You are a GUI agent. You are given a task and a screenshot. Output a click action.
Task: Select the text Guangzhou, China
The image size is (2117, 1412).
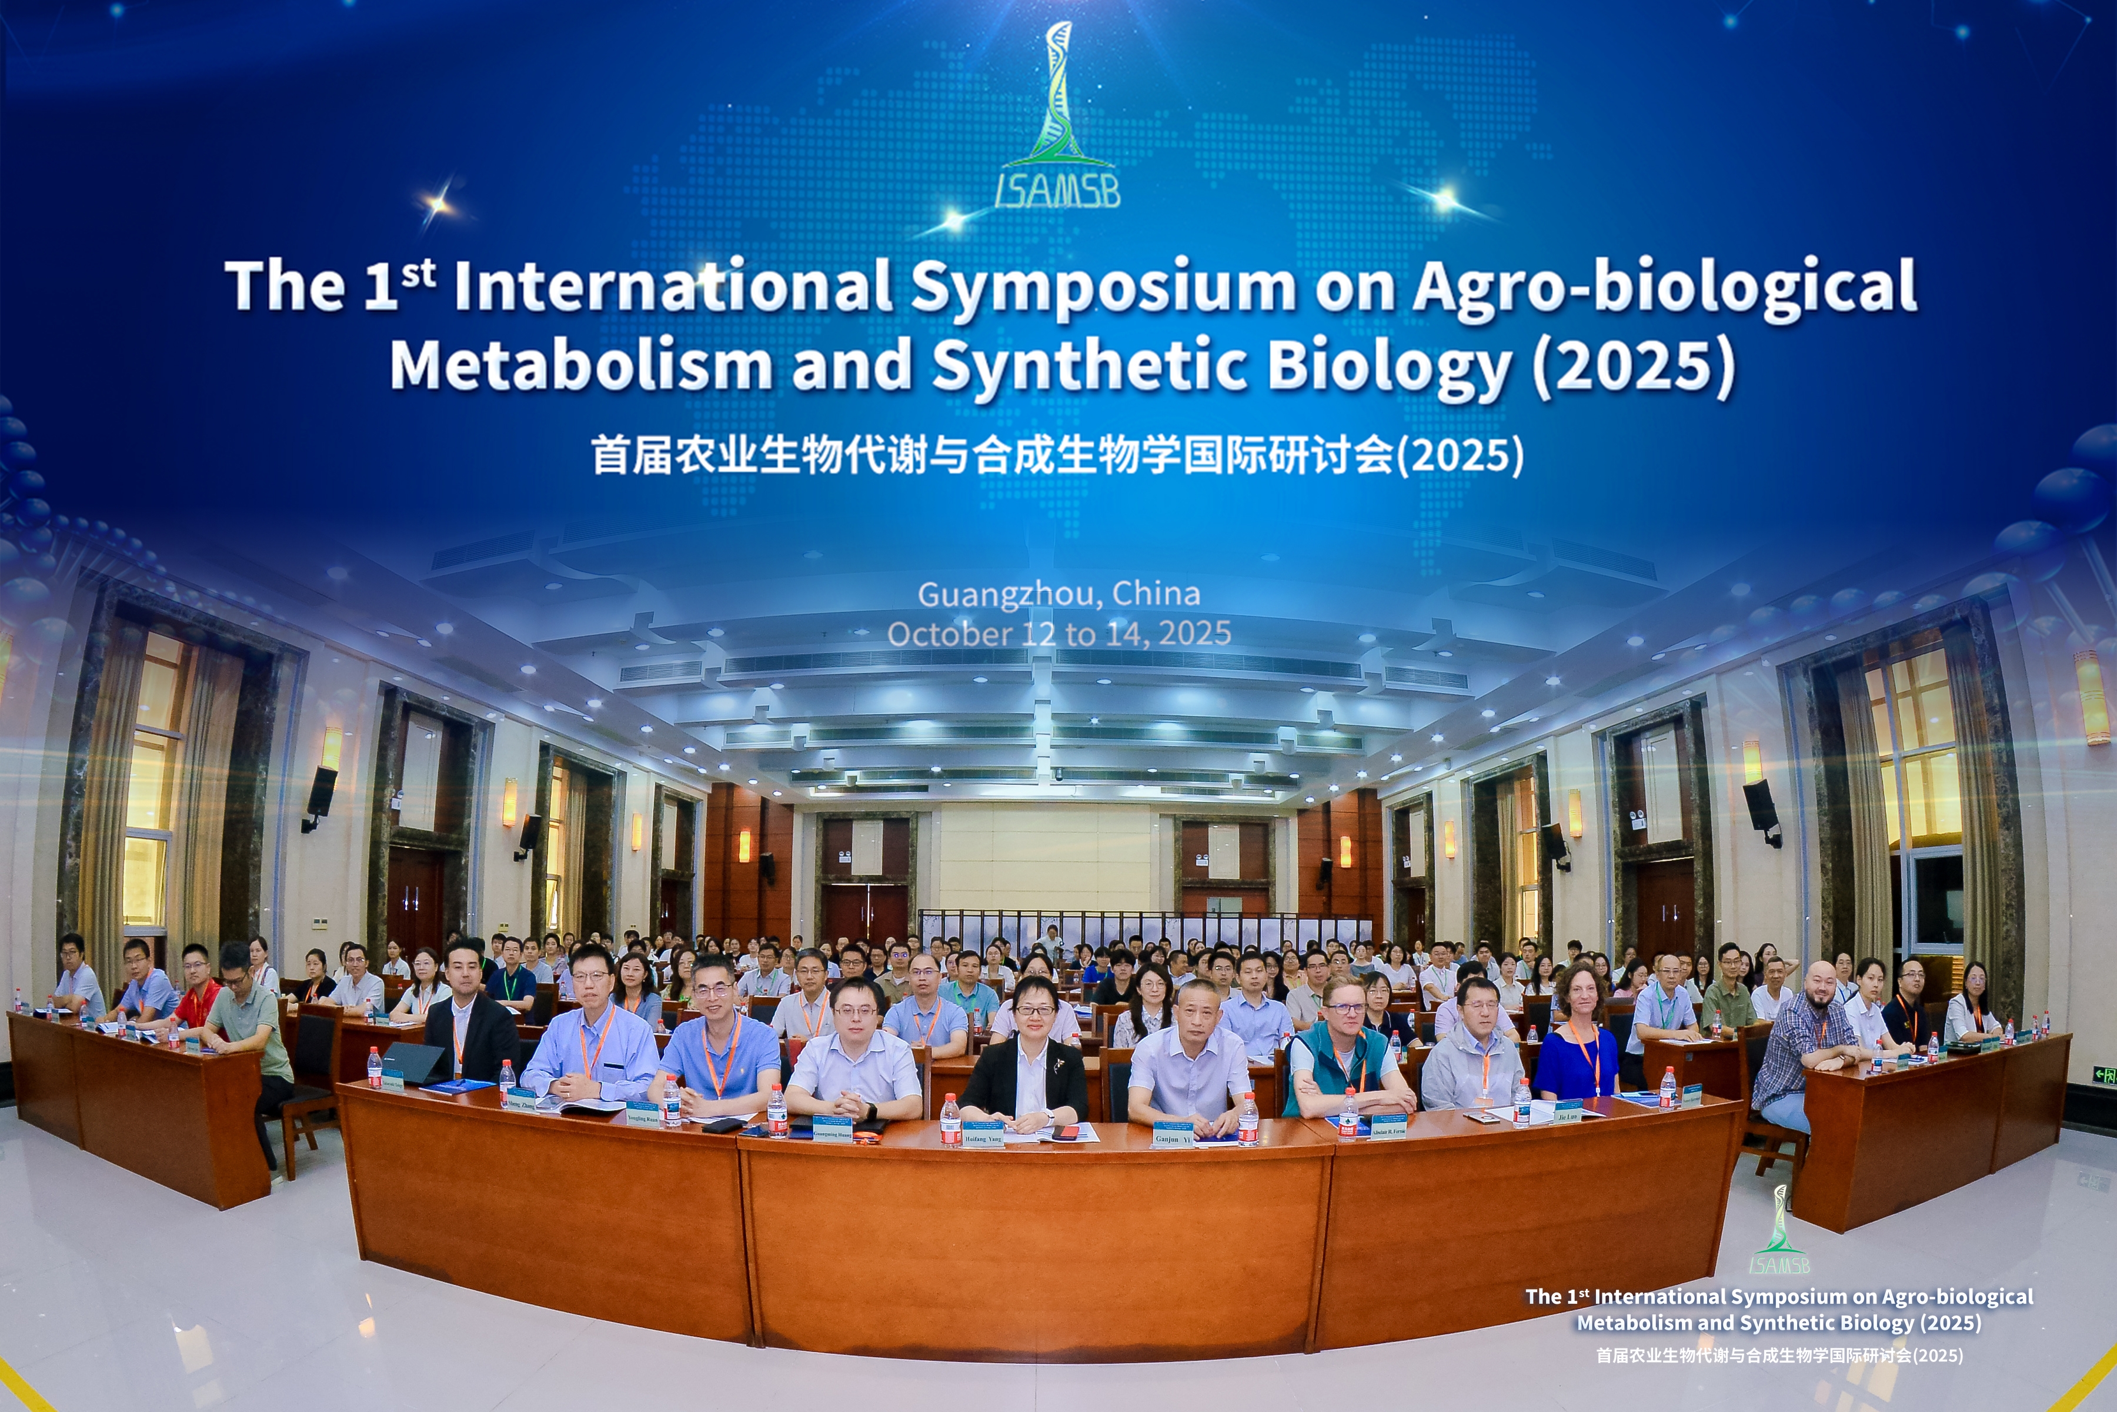click(x=1058, y=594)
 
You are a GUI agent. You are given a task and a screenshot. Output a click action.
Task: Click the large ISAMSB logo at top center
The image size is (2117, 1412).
click(x=1058, y=117)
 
